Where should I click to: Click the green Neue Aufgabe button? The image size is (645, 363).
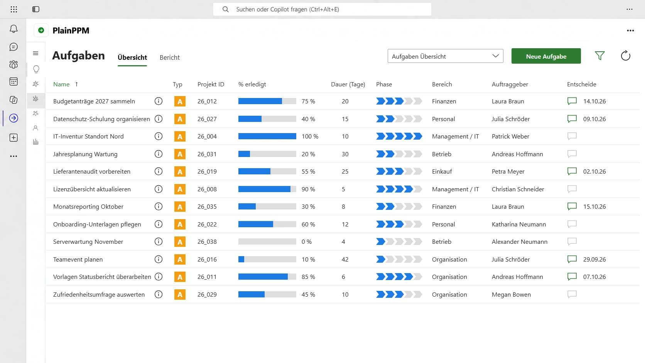tap(546, 56)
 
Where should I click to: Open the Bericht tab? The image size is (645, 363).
tap(170, 57)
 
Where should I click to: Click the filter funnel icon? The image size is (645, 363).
tap(600, 56)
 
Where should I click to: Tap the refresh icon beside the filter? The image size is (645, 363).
tap(625, 56)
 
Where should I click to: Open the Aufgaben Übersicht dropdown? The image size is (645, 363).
tap(445, 56)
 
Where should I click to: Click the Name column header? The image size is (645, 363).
tap(61, 84)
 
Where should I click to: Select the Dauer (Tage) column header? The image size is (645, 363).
tap(348, 84)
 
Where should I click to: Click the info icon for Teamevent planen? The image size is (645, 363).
tap(159, 259)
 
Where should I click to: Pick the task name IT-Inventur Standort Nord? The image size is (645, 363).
tap(88, 137)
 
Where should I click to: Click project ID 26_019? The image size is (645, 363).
tap(207, 172)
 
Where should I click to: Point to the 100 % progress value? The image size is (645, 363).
tap(310, 137)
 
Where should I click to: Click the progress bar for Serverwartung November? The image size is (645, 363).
tap(267, 242)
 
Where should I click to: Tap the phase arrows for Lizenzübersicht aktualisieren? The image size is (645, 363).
tap(399, 189)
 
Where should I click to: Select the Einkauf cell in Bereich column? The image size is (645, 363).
tap(442, 172)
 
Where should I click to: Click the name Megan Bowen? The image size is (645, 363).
tap(511, 294)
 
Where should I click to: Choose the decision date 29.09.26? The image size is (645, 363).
tap(594, 259)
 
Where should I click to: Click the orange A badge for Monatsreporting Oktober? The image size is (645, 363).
tap(180, 207)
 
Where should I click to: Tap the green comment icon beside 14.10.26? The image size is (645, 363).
tap(572, 101)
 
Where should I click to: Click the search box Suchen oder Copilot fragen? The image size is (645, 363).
tap(322, 9)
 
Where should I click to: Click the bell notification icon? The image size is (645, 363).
tap(14, 29)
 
